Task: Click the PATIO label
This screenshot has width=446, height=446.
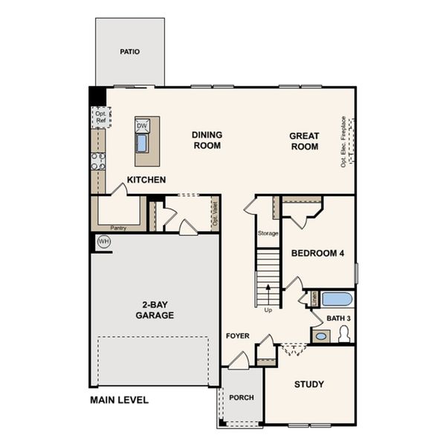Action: pyautogui.click(x=130, y=52)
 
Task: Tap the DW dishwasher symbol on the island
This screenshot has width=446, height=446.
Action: pyautogui.click(x=142, y=126)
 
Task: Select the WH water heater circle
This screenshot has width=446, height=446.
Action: pyautogui.click(x=103, y=242)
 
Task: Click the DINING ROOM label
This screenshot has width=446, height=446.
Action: pyautogui.click(x=207, y=140)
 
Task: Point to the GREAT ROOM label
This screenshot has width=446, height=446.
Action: pyautogui.click(x=304, y=141)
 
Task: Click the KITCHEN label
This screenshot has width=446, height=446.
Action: pyautogui.click(x=146, y=180)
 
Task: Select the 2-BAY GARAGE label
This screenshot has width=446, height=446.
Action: pyautogui.click(x=154, y=310)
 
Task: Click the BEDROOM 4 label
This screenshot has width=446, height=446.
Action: pyautogui.click(x=317, y=253)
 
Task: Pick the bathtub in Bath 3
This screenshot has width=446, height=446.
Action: pyautogui.click(x=336, y=299)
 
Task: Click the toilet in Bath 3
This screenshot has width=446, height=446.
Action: pyautogui.click(x=344, y=335)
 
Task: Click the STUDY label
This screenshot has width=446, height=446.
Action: pyautogui.click(x=308, y=384)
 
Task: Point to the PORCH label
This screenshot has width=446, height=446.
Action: pyautogui.click(x=241, y=398)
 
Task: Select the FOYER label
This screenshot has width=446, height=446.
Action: pyautogui.click(x=238, y=336)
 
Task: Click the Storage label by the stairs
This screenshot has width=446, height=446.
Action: pyautogui.click(x=268, y=233)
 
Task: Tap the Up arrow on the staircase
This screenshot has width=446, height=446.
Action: pyautogui.click(x=268, y=293)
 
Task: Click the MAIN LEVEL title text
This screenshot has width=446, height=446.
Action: pyautogui.click(x=119, y=400)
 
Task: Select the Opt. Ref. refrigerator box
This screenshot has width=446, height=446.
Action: pyautogui.click(x=100, y=117)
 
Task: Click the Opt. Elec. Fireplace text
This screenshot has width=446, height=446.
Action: pyautogui.click(x=344, y=141)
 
